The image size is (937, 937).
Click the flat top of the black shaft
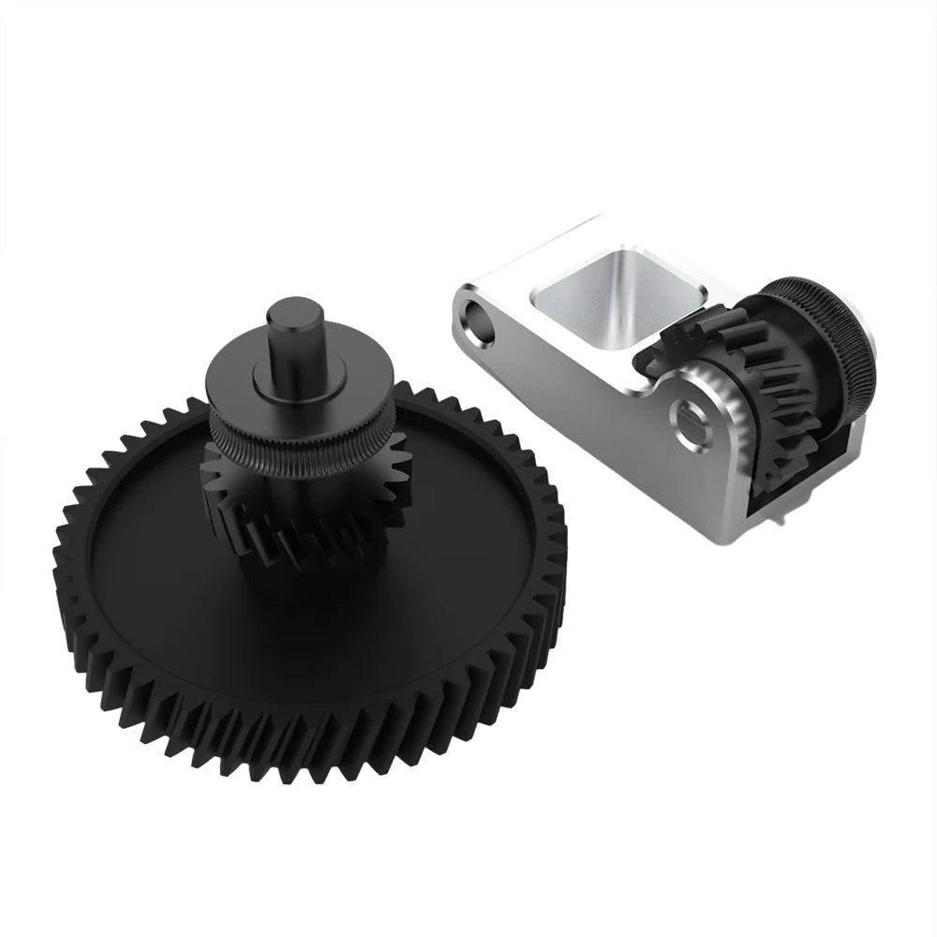click(x=292, y=311)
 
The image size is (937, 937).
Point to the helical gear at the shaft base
click(x=309, y=548)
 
